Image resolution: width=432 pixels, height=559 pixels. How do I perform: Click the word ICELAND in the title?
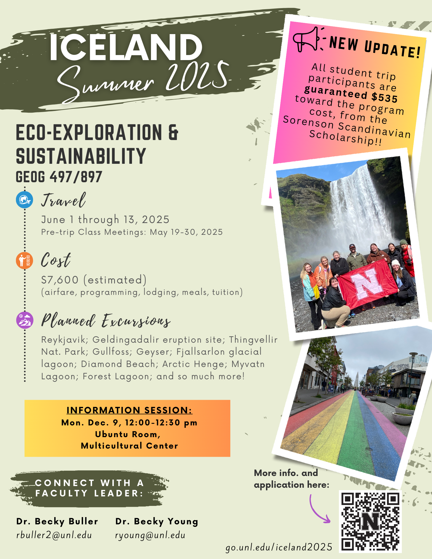tap(126, 47)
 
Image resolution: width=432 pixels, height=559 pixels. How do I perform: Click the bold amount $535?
tap(384, 97)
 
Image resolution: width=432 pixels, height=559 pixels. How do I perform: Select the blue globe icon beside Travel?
tap(25, 200)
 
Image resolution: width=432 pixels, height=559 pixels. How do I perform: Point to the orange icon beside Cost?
tap(25, 260)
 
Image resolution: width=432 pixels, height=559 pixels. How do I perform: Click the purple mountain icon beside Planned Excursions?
tap(25, 320)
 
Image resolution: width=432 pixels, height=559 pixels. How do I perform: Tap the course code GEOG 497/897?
tap(59, 177)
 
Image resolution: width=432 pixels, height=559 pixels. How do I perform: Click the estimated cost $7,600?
tap(60, 280)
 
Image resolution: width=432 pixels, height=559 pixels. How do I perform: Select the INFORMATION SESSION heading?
tap(129, 410)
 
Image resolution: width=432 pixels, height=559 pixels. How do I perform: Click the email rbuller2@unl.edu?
tap(54, 535)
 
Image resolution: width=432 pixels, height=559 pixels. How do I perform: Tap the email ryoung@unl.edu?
tap(150, 535)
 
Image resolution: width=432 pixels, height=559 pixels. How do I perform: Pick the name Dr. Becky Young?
tap(157, 522)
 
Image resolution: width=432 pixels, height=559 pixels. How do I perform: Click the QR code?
tap(370, 522)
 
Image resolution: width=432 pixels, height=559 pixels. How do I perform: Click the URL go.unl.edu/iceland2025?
tap(279, 547)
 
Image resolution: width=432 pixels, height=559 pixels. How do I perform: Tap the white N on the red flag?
tap(367, 284)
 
